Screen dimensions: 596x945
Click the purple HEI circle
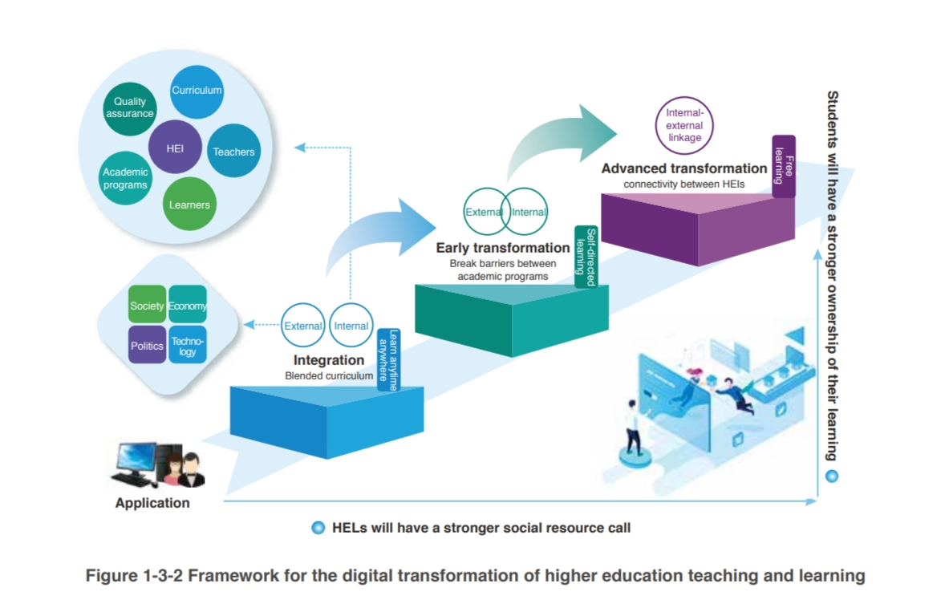(x=175, y=148)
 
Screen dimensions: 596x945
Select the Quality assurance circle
(x=129, y=107)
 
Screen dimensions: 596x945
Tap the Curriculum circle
(x=197, y=91)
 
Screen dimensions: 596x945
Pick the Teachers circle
(x=233, y=152)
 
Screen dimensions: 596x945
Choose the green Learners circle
(x=189, y=205)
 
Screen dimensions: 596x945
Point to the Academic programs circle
(x=125, y=179)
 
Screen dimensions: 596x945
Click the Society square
(x=147, y=306)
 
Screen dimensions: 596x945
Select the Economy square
(x=188, y=306)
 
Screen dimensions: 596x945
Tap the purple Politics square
(x=147, y=346)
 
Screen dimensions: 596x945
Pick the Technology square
(x=188, y=346)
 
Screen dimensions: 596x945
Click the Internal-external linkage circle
(x=684, y=126)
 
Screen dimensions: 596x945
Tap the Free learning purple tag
(x=783, y=166)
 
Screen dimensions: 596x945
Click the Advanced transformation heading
(x=684, y=168)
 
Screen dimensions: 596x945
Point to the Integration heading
(x=329, y=360)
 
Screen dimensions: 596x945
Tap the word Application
(x=152, y=504)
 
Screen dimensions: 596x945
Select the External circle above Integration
(x=303, y=326)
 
